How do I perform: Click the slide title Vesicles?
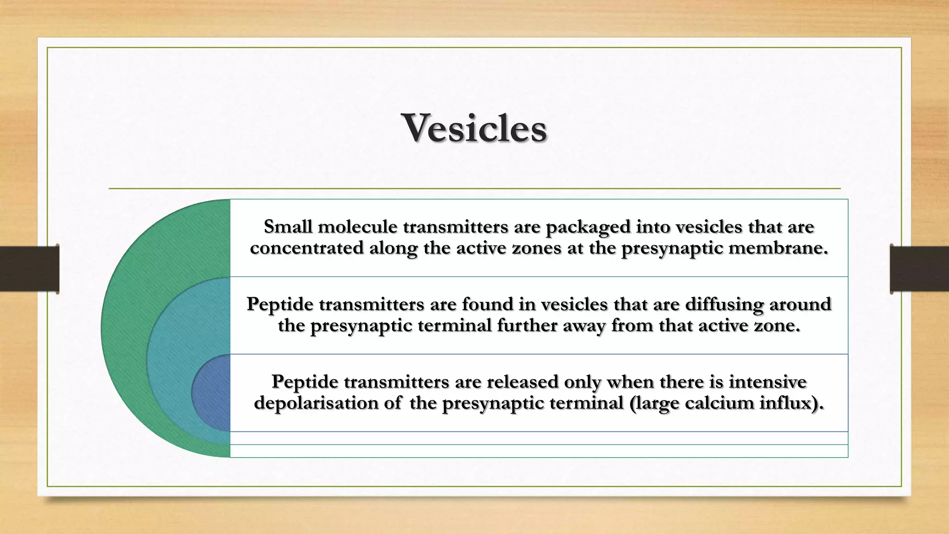click(x=474, y=128)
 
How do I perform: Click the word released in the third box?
click(x=522, y=382)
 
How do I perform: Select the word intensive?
click(x=767, y=382)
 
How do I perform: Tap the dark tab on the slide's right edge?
click(x=919, y=269)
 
